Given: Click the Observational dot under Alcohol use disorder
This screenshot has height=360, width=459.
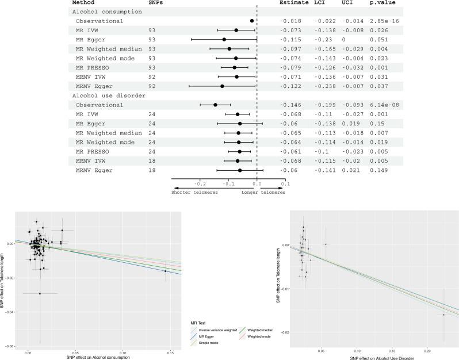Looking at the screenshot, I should click(x=215, y=105).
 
